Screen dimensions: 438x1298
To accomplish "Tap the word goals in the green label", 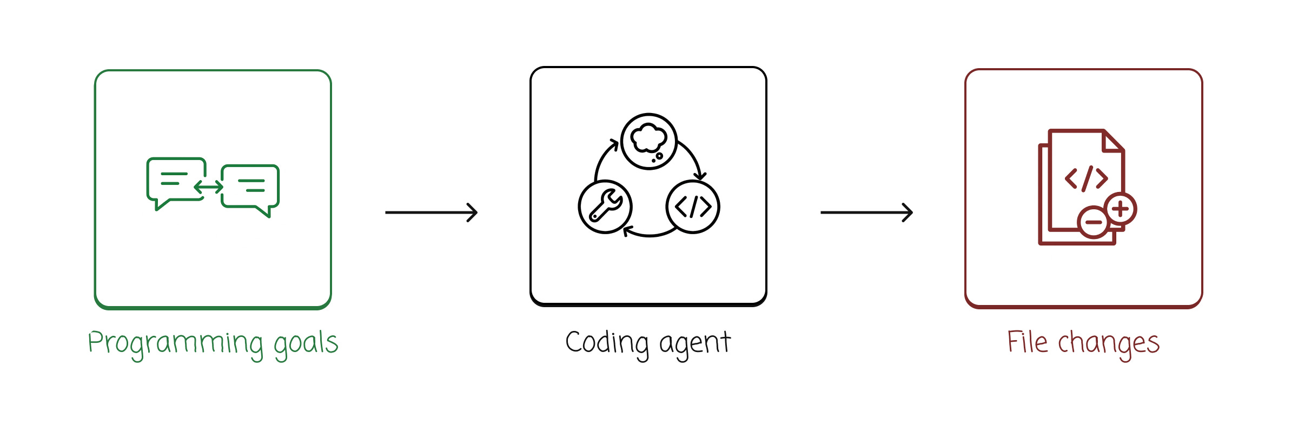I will click(306, 343).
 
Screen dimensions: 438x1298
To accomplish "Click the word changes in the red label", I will click(1109, 343).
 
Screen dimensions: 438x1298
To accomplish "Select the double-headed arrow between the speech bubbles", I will click(209, 187).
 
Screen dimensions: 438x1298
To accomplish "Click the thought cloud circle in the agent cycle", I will click(648, 141).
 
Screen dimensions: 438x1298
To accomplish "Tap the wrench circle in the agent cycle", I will click(605, 207).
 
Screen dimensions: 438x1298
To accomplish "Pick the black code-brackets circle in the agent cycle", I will click(693, 207).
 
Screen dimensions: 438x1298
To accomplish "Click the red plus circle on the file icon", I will click(1121, 209).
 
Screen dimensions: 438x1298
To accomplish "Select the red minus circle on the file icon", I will click(1094, 222).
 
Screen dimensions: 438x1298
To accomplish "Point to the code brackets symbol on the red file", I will click(1086, 178).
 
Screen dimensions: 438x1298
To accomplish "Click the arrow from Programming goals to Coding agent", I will click(431, 213).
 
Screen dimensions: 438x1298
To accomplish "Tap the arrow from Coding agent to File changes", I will click(866, 213).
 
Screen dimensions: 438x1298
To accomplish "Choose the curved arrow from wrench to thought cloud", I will click(601, 157).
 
